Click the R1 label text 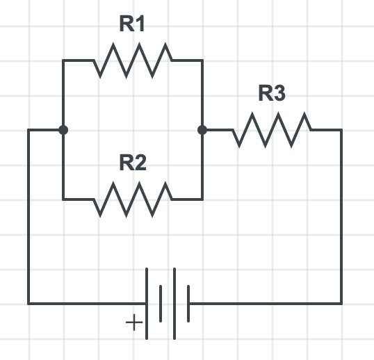click(133, 24)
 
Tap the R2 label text click(133, 163)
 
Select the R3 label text click(272, 94)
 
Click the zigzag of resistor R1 click(133, 60)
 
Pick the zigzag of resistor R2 click(133, 199)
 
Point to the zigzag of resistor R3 click(272, 130)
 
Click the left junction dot click(63, 130)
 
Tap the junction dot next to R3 click(202, 130)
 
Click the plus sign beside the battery click(132, 323)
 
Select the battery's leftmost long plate click(147, 304)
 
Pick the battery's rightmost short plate click(188, 304)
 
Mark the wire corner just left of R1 click(63, 60)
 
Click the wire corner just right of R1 click(202, 60)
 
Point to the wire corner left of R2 click(63, 199)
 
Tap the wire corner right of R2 click(202, 199)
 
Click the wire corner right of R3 click(341, 130)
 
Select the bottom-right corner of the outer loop click(341, 304)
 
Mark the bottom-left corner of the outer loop click(29, 304)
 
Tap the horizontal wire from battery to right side click(264, 304)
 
